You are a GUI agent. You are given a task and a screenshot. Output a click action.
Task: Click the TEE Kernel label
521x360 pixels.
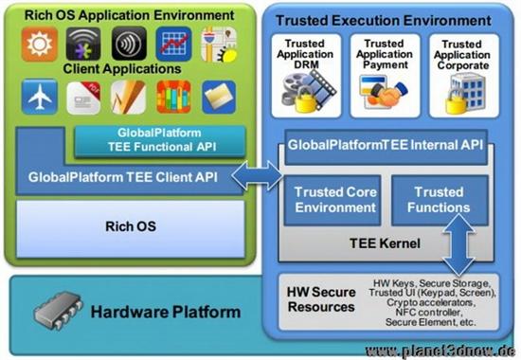pyautogui.click(x=385, y=243)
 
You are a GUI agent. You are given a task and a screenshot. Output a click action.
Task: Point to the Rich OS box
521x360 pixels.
pyautogui.click(x=130, y=226)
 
